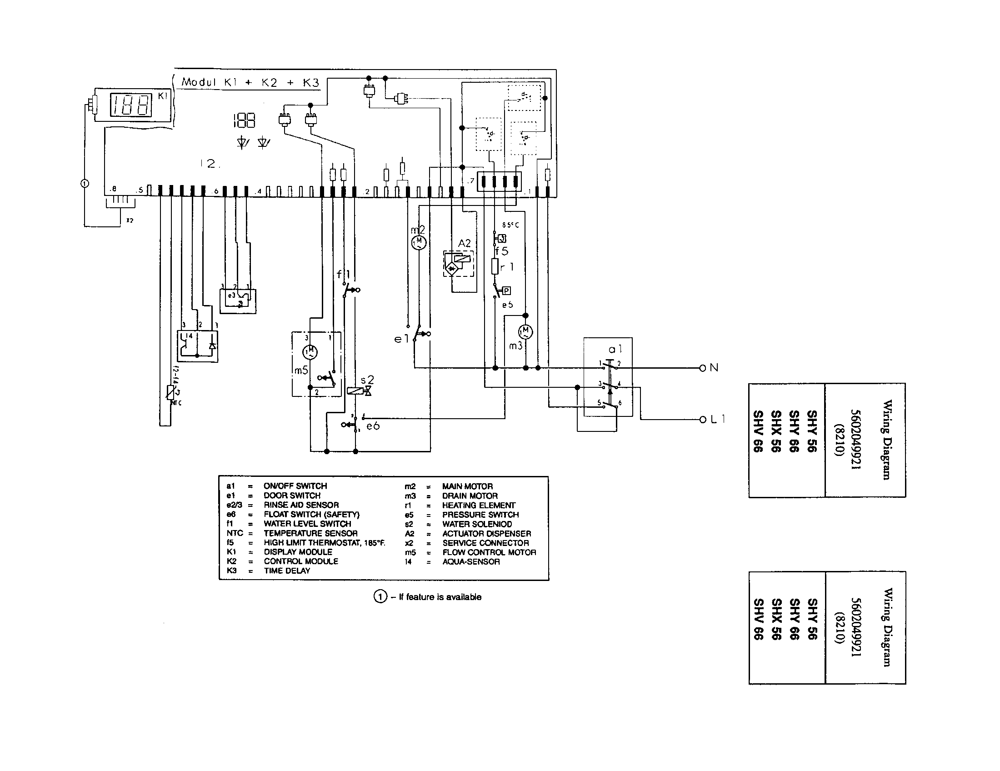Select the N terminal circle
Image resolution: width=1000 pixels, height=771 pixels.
[703, 368]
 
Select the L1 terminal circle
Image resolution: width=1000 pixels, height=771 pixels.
[703, 420]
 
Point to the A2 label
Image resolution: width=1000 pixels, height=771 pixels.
[464, 243]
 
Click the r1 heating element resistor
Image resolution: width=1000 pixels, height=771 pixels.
[495, 266]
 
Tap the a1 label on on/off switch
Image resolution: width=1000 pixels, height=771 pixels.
[615, 349]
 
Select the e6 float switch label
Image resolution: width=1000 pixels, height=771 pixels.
[373, 426]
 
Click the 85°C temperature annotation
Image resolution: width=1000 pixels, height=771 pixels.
[510, 225]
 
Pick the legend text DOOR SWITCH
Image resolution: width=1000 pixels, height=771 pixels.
[292, 496]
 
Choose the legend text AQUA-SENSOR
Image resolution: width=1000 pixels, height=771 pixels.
[471, 562]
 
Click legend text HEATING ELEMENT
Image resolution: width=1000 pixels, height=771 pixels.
[479, 506]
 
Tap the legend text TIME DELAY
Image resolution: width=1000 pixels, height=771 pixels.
[287, 571]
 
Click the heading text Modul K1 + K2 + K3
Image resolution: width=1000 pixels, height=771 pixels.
[250, 82]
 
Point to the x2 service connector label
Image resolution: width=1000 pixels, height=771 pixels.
[130, 220]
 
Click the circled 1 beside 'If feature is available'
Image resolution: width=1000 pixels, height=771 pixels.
[380, 597]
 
